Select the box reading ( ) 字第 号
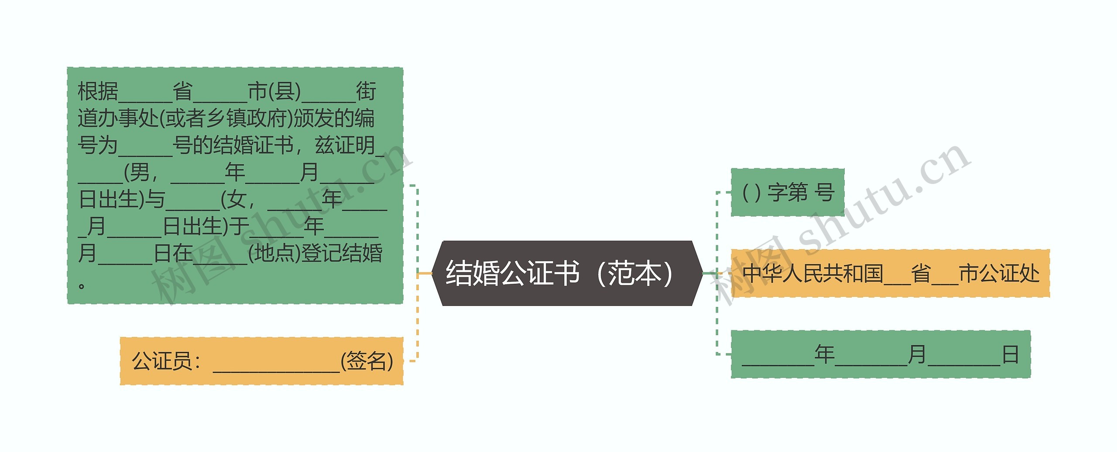click(788, 192)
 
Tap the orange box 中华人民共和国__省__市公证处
click(890, 274)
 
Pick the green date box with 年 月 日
click(881, 354)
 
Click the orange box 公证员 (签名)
click(261, 361)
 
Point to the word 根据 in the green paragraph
click(98, 92)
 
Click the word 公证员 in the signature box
click(162, 361)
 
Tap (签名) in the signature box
click(367, 361)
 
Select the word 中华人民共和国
click(812, 274)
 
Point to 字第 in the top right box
click(788, 192)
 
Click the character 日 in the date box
click(1011, 354)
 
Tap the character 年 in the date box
click(824, 354)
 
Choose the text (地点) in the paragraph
click(274, 253)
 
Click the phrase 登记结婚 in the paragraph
click(342, 253)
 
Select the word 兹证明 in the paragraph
click(345, 145)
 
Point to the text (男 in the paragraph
click(137, 172)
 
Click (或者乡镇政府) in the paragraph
click(226, 118)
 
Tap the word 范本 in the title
click(635, 273)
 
